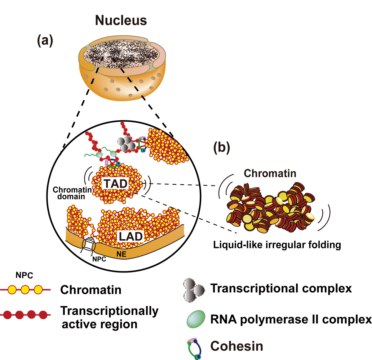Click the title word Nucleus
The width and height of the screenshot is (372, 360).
click(x=121, y=20)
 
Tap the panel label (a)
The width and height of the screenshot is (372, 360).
click(x=45, y=41)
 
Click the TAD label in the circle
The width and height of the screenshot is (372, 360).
click(x=115, y=183)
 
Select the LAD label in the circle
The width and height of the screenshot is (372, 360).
click(x=131, y=236)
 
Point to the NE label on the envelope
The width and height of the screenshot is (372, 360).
click(x=121, y=254)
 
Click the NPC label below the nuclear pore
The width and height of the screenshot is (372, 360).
click(x=99, y=259)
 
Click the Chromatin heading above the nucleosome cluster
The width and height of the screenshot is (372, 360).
click(x=270, y=173)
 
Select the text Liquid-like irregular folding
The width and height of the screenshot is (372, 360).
click(x=277, y=245)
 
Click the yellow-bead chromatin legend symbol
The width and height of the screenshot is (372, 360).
click(x=25, y=290)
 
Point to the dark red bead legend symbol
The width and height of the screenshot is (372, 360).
click(x=25, y=315)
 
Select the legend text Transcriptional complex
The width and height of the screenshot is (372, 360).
click(x=281, y=288)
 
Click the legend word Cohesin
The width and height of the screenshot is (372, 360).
click(x=237, y=346)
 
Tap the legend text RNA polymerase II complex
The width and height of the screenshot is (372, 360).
click(x=290, y=319)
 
